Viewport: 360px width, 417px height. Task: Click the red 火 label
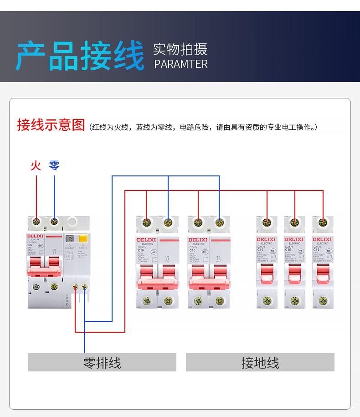click(36, 165)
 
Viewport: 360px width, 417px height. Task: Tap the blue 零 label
click(54, 165)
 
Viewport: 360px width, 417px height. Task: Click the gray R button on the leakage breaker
click(70, 238)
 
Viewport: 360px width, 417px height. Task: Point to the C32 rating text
click(31, 245)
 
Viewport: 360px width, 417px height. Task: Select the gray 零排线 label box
click(102, 363)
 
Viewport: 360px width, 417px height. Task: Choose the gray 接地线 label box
click(260, 363)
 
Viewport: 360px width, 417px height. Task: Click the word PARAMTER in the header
click(181, 64)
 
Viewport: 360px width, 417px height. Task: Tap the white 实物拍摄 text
click(180, 49)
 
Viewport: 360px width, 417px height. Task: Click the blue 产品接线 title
click(80, 56)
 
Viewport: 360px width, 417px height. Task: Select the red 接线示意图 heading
click(51, 125)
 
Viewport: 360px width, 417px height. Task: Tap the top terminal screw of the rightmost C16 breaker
click(323, 223)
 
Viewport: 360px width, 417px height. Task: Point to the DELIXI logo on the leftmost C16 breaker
click(267, 239)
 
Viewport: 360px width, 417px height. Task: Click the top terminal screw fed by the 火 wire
click(36, 222)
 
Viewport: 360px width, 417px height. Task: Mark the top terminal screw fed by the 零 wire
click(54, 222)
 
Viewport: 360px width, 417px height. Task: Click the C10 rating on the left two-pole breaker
click(141, 250)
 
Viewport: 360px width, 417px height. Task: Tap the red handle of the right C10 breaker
click(209, 276)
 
